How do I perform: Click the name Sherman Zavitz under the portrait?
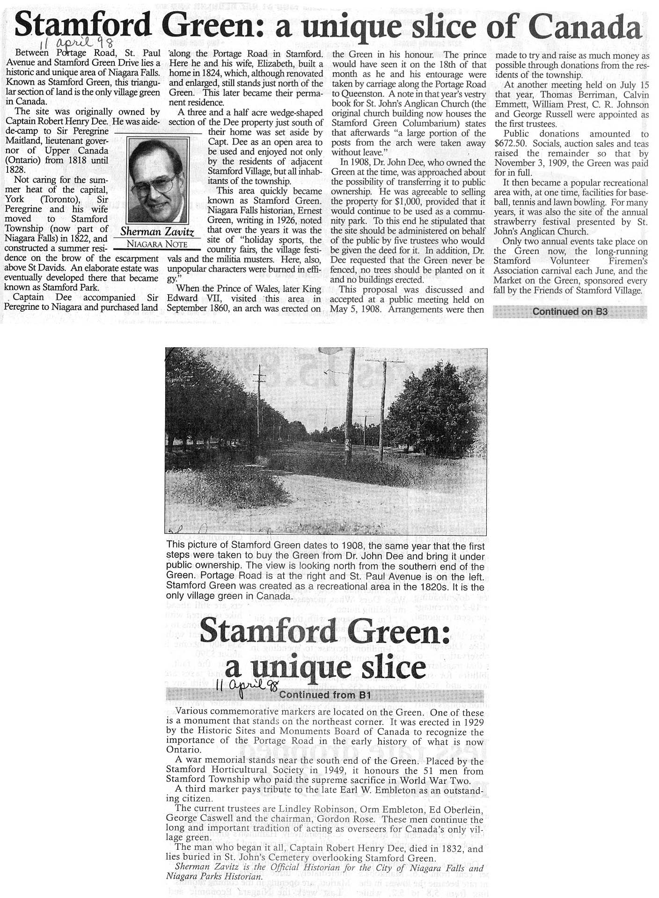click(x=157, y=232)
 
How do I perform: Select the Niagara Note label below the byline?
click(x=157, y=244)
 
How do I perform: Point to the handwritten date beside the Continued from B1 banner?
click(x=247, y=686)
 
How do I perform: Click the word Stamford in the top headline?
click(x=83, y=26)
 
